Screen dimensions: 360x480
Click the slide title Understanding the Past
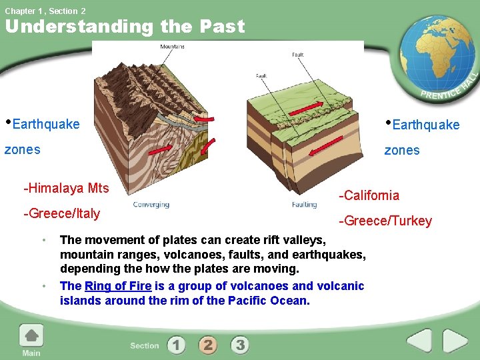click(125, 27)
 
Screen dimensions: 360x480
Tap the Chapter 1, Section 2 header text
click(45, 11)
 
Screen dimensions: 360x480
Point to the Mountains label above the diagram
click(172, 47)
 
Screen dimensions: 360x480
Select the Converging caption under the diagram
click(151, 205)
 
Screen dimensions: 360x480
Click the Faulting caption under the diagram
click(304, 205)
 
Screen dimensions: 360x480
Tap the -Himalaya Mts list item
click(66, 188)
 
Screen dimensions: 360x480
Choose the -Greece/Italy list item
click(61, 213)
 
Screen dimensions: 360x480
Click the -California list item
click(369, 195)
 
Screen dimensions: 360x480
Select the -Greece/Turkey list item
click(385, 221)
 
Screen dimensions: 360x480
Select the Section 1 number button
click(176, 345)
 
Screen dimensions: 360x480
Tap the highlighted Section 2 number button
click(208, 345)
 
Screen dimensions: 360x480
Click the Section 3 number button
click(240, 345)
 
